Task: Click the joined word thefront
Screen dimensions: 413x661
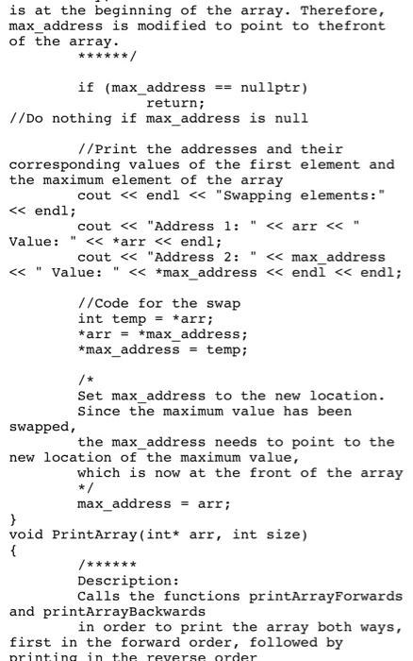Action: tap(352, 25)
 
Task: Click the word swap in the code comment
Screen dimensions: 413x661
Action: tap(223, 303)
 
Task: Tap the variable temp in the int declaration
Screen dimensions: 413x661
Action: tap(129, 319)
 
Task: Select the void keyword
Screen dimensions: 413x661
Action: tap(26, 534)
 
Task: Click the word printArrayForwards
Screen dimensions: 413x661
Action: tap(325, 596)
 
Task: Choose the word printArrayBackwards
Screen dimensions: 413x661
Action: tap(124, 612)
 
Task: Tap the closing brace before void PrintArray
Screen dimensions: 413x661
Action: tap(13, 519)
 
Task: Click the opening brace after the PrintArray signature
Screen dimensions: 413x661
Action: tap(13, 551)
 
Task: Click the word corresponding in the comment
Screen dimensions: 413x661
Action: tap(64, 165)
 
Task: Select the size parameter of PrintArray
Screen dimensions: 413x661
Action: tap(283, 534)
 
